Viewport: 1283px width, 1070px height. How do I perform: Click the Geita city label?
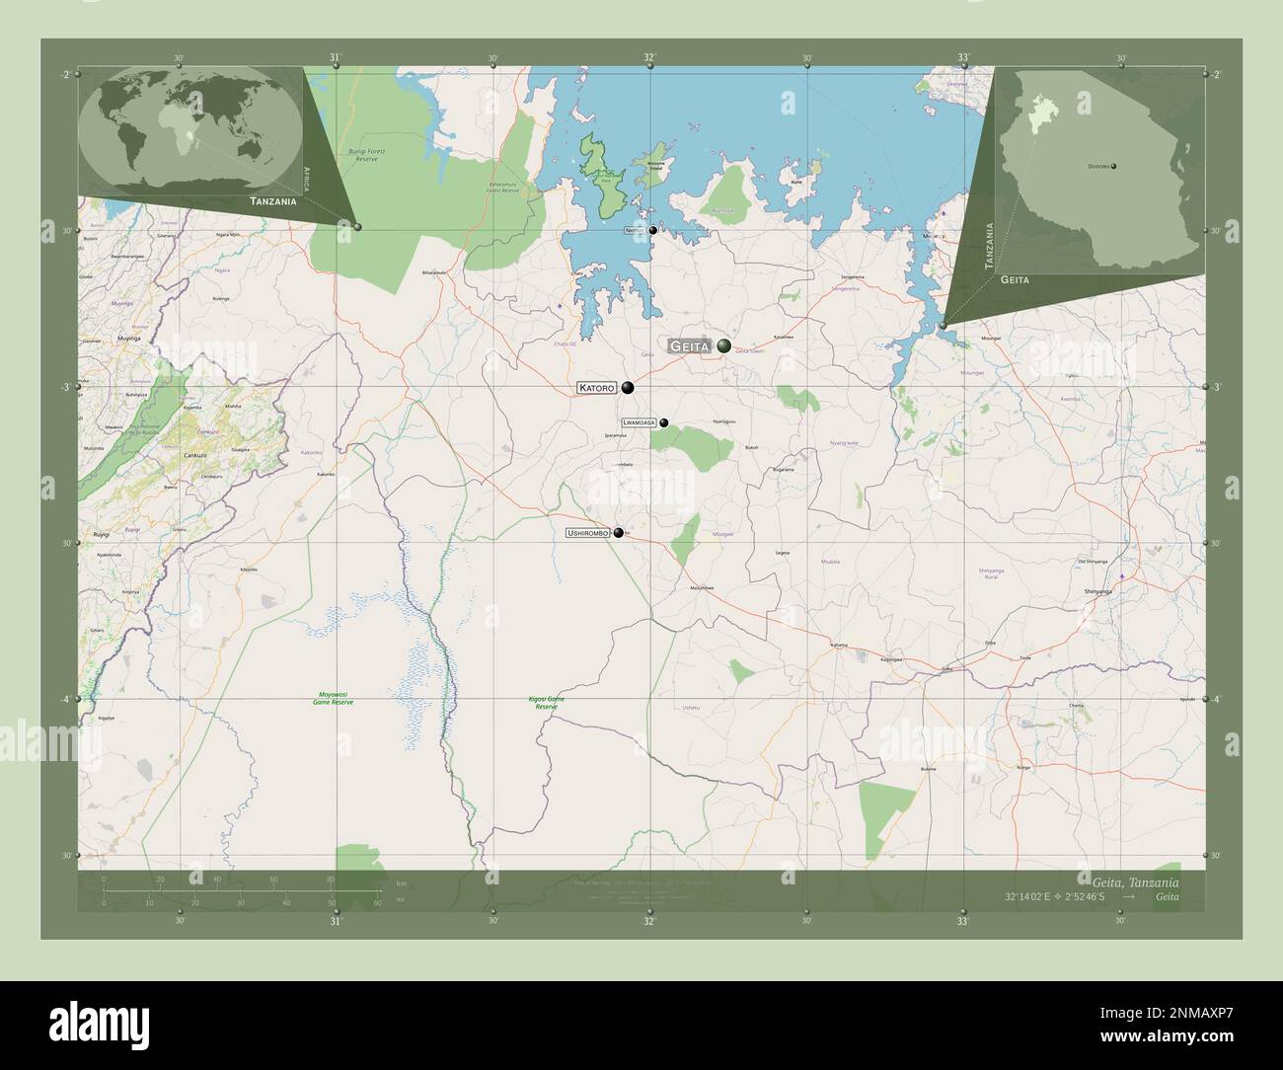tap(689, 346)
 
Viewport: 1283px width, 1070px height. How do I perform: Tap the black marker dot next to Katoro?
tap(628, 388)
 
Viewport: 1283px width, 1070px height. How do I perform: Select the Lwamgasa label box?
tap(640, 422)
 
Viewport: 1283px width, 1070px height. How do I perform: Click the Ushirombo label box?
tap(588, 533)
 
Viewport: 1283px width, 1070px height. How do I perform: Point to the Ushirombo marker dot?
tap(619, 533)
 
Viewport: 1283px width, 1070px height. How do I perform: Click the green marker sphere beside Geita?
tap(725, 345)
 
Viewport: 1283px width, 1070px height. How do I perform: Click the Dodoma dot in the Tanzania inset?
tap(1114, 167)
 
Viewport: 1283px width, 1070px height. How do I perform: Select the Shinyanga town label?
tap(1097, 590)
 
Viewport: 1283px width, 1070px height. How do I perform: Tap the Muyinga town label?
tap(102, 338)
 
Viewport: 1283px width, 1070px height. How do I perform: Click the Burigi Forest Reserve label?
tap(366, 155)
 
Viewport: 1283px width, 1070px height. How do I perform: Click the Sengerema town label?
tap(851, 277)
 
